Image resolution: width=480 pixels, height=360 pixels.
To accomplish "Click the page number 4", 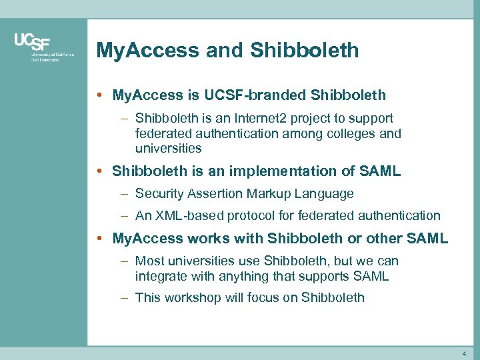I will [464, 352].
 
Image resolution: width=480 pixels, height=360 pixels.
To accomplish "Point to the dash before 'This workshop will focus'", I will [125, 297].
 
